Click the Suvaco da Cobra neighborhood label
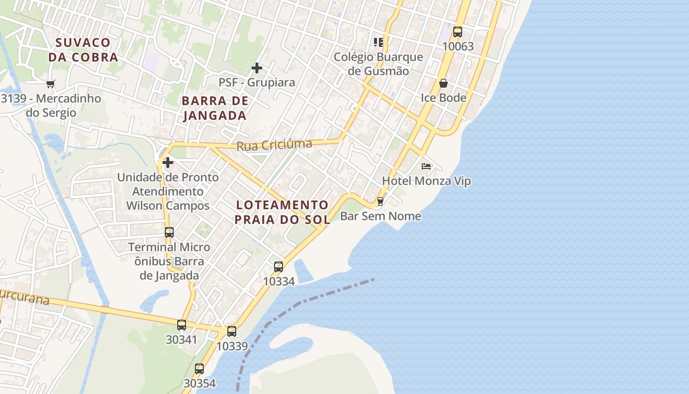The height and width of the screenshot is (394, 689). (83, 50)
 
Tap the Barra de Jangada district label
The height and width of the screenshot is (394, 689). (215, 108)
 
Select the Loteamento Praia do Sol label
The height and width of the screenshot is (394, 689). (282, 212)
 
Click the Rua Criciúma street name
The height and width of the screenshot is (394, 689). (274, 145)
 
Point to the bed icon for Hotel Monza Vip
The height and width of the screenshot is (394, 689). (426, 166)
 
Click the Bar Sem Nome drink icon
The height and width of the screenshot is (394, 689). (380, 201)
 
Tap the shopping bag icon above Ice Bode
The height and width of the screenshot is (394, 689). (443, 83)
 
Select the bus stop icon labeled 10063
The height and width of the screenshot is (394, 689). (458, 32)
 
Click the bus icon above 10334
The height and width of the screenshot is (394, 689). (279, 267)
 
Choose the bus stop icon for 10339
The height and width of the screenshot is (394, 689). (232, 331)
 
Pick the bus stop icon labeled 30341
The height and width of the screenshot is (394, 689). (182, 325)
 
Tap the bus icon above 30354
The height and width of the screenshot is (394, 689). (199, 368)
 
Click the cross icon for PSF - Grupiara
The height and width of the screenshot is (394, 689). (257, 68)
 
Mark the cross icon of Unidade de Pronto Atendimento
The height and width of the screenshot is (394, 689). (168, 162)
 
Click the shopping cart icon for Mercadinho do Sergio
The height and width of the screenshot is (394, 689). (50, 84)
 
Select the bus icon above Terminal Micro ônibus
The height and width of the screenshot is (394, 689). (169, 232)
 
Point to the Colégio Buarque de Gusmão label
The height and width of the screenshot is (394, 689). (378, 64)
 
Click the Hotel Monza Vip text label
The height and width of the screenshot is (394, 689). (426, 181)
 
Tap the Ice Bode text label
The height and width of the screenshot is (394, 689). (443, 98)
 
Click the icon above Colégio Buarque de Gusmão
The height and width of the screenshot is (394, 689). (378, 42)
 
